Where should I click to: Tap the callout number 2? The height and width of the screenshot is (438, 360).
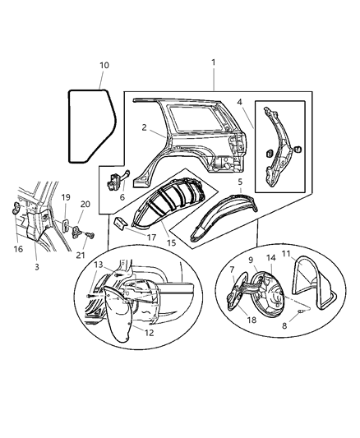[x=145, y=128]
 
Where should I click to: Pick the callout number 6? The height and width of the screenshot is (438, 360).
[x=122, y=198]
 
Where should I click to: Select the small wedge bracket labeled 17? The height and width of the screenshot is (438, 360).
[x=120, y=224]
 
